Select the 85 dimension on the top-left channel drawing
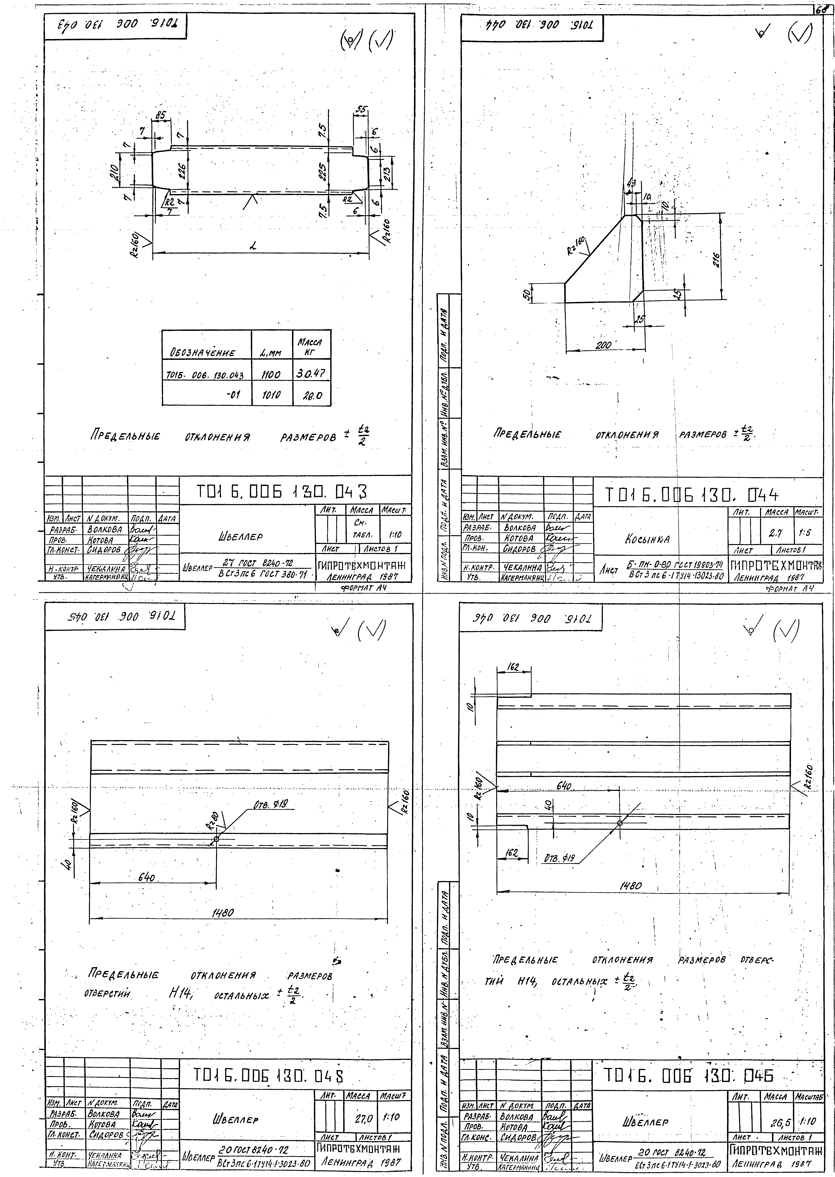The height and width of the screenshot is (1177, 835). click(x=161, y=116)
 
